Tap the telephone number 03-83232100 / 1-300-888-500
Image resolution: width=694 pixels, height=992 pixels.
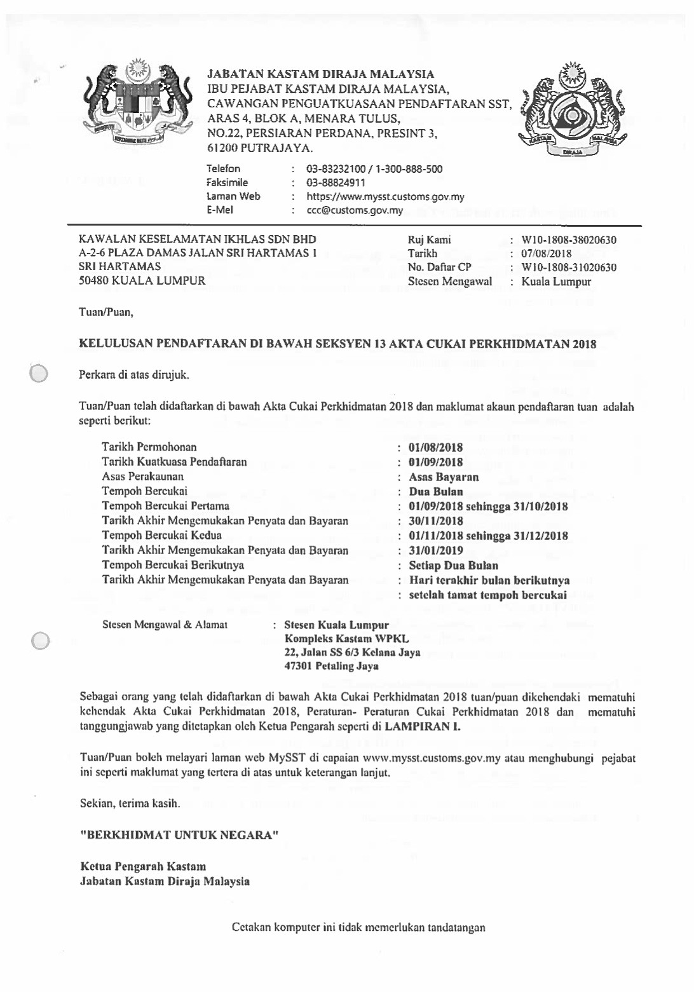click(374, 169)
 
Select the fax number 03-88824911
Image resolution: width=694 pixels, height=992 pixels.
click(336, 183)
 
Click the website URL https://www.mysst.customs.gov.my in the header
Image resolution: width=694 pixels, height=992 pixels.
click(385, 197)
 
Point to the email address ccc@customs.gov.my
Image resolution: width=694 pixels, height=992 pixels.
click(355, 210)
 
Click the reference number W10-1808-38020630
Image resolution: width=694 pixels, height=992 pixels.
click(569, 240)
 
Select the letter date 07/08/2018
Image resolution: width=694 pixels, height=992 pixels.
click(547, 254)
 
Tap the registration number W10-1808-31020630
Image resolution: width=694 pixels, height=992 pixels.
click(569, 268)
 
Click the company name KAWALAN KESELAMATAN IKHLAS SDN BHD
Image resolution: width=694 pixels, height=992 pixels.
click(197, 240)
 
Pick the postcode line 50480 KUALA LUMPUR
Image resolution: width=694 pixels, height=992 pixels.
click(142, 280)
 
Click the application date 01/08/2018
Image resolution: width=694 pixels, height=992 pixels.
click(436, 447)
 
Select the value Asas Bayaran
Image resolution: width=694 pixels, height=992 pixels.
click(444, 477)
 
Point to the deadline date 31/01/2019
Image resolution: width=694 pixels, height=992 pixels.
click(436, 551)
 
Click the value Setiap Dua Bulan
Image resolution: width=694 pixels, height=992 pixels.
click(453, 566)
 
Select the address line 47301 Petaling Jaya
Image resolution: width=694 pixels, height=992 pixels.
click(331, 666)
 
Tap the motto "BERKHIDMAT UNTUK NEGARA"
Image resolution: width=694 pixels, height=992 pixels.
click(179, 834)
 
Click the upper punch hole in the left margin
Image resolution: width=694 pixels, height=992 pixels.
click(39, 373)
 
